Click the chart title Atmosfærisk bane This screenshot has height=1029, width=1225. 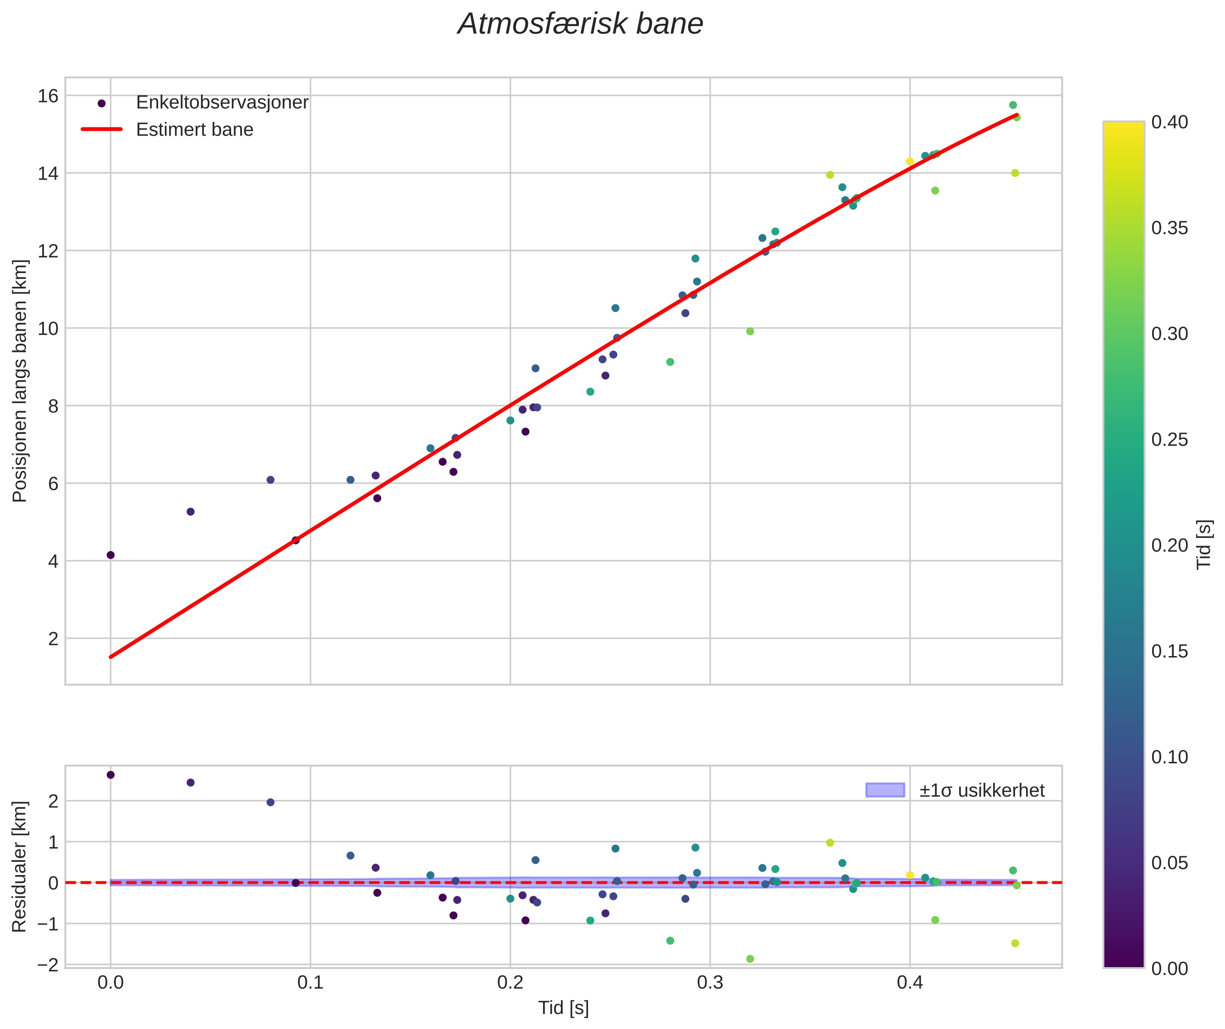point(580,24)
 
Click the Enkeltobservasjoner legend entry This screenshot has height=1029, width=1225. point(222,103)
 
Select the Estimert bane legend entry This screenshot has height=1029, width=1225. point(194,130)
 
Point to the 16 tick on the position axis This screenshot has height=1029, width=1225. point(49,96)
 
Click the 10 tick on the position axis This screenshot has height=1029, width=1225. point(49,328)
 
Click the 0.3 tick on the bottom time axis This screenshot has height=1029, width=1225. point(710,983)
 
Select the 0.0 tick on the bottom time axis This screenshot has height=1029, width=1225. point(110,983)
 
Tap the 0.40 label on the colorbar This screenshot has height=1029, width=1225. point(1170,122)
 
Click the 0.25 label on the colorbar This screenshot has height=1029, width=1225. point(1170,440)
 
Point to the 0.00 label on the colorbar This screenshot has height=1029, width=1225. point(1170,969)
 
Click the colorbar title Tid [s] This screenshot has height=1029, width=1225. point(1204,544)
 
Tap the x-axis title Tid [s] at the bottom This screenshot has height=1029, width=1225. point(563,1008)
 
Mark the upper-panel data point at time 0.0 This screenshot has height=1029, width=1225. point(110,555)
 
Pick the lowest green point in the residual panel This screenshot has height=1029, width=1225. point(750,959)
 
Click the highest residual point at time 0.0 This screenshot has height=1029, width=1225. point(110,775)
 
